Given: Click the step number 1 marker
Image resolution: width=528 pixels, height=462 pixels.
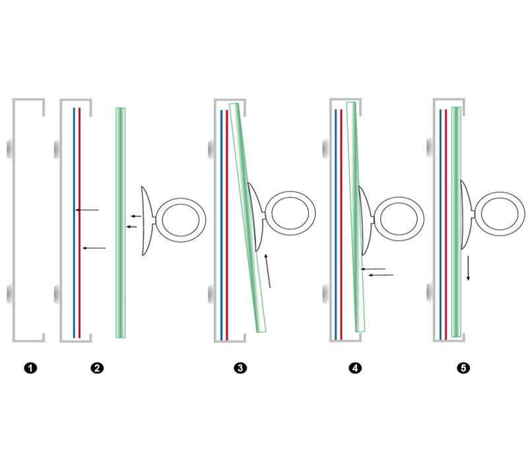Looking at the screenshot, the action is (x=30, y=368).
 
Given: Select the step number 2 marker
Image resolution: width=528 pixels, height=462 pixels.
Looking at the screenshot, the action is (x=97, y=368).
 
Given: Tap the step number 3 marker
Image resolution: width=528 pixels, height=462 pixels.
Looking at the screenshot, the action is (x=240, y=368).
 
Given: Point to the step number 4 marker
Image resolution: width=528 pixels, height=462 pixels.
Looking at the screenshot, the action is (x=355, y=368).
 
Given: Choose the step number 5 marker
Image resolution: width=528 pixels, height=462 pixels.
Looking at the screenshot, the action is (x=463, y=368).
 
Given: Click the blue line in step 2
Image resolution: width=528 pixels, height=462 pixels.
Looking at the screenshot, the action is (x=74, y=222).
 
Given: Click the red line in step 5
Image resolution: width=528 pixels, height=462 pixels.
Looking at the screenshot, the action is (x=446, y=224).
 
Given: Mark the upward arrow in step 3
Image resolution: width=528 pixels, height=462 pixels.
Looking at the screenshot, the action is (x=268, y=271).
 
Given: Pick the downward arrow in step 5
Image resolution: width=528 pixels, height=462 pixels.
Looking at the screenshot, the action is (x=468, y=268).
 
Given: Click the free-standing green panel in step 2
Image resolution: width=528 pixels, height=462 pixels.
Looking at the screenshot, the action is (x=121, y=222).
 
